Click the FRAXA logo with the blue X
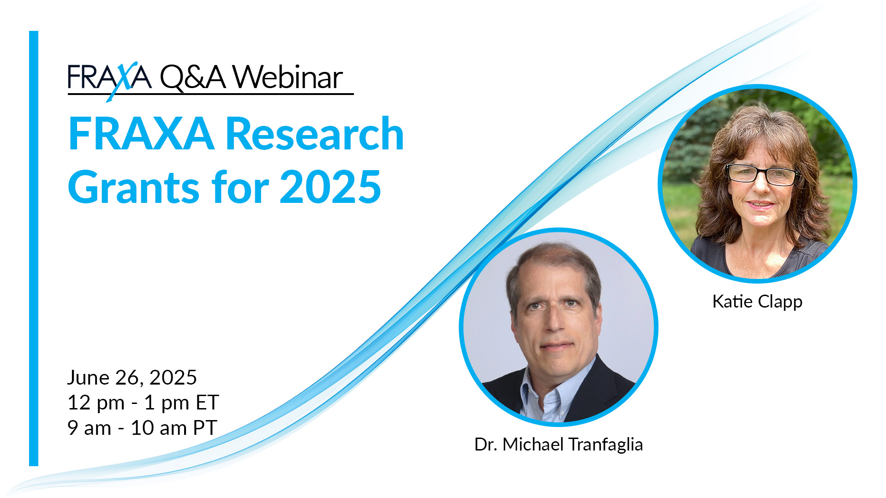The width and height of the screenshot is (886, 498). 109,78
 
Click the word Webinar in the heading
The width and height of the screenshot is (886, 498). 287,77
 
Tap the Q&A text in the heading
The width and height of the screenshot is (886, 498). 192,77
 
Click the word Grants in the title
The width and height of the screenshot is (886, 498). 134,187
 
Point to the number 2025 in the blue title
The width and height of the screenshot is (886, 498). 330,187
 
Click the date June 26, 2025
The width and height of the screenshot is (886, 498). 132,377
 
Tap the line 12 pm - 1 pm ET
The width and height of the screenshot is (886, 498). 143,403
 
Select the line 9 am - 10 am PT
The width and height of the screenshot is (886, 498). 142,428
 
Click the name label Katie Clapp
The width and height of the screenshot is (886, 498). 757,302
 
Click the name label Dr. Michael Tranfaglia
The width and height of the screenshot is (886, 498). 558,445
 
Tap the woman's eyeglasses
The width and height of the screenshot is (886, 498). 762,175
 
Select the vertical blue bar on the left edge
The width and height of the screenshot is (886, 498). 34,249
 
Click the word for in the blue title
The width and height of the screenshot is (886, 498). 240,187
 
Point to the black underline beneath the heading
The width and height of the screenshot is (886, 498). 210,94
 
